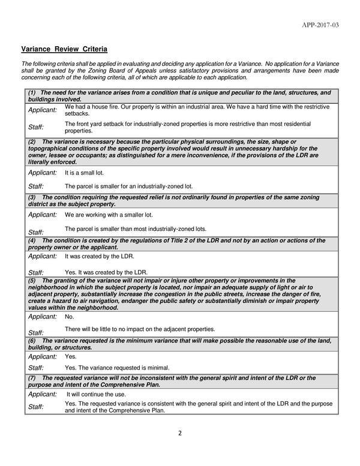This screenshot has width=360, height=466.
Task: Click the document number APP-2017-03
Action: pyautogui.click(x=321, y=25)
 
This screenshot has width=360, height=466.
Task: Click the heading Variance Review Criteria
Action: pyautogui.click(x=64, y=48)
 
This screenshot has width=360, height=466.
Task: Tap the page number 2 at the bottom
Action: pyautogui.click(x=180, y=434)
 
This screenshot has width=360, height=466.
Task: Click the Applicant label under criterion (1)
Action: pyautogui.click(x=43, y=110)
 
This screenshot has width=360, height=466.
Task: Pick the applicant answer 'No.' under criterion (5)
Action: pyautogui.click(x=69, y=316)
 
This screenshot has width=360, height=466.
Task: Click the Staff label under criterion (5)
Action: pyautogui.click(x=36, y=332)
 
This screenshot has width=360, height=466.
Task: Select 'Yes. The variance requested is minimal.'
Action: pyautogui.click(x=117, y=367)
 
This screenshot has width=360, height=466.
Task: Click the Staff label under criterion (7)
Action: pyautogui.click(x=36, y=407)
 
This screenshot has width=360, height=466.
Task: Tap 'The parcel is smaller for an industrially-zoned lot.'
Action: pyautogui.click(x=128, y=186)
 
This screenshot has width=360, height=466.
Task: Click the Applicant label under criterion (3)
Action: pyautogui.click(x=43, y=214)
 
